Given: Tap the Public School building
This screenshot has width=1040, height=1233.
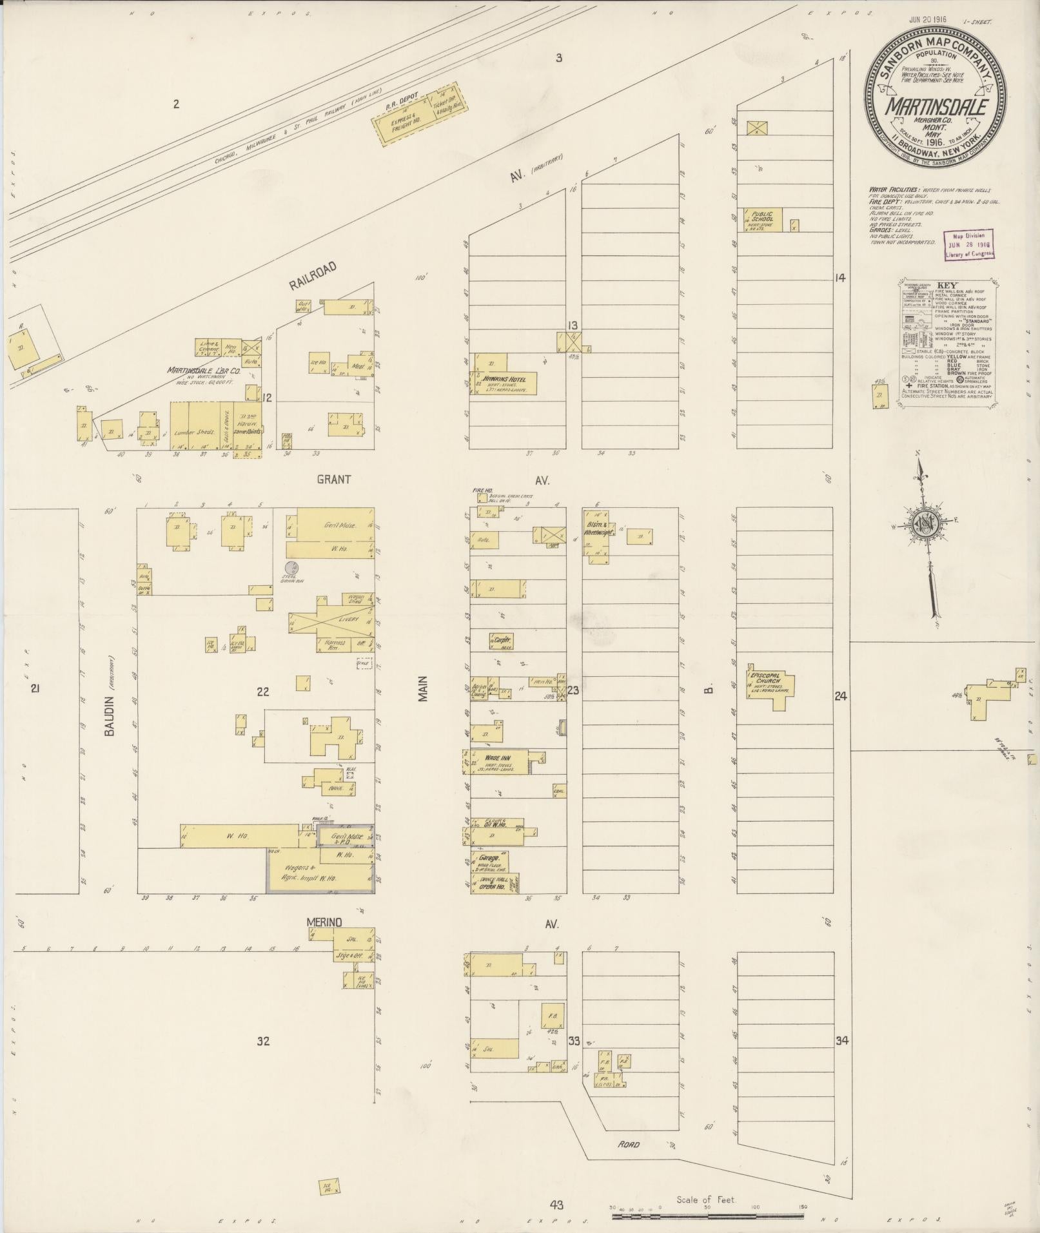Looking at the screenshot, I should coord(765,220).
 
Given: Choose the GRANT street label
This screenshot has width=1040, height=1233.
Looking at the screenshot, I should coord(333,480).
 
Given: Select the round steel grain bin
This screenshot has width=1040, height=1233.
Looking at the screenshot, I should coord(292,568).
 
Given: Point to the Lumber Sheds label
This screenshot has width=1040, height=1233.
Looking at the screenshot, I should coord(194,432).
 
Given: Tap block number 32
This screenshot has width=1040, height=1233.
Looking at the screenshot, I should coord(262,1041).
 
